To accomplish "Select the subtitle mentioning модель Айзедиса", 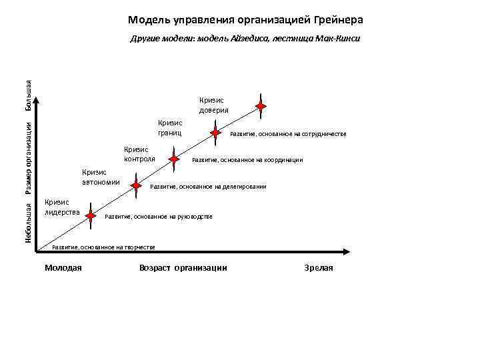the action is (245, 39).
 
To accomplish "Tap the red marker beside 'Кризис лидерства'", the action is (96, 214).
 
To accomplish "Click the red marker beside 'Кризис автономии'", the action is (136, 185).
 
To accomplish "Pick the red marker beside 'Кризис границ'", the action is (215, 132).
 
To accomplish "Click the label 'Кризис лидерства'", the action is (61, 207).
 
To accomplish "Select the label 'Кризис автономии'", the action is (101, 177).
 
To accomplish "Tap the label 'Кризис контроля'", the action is (139, 154).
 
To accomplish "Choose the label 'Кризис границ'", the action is (170, 127).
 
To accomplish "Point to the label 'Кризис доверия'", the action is (213, 105).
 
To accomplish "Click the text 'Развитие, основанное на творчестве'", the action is (103, 247).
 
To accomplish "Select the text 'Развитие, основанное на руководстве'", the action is (159, 217).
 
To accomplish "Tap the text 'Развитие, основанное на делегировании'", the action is (208, 187).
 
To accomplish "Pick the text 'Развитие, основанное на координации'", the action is (247, 160).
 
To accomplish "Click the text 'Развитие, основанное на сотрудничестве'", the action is (288, 134).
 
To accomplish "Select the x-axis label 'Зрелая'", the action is (318, 267).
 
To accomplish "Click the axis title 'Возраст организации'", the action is (183, 267).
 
